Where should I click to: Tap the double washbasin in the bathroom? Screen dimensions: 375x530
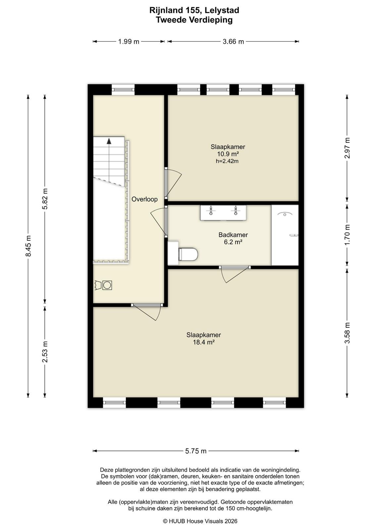(x=223, y=213)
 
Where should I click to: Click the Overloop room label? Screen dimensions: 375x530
(x=144, y=199)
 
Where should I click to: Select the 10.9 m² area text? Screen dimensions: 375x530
(x=228, y=154)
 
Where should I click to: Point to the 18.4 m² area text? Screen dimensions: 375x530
(x=204, y=342)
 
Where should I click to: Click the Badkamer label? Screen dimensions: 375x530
(x=233, y=235)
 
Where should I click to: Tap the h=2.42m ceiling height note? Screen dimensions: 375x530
(x=227, y=161)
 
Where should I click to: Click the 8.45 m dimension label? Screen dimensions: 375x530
(x=28, y=246)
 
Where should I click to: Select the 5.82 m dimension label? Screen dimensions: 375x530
(x=45, y=199)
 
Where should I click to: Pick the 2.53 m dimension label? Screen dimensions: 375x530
(x=45, y=352)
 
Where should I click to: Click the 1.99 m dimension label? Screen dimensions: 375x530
(x=129, y=42)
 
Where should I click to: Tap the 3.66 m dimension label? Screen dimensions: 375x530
(x=233, y=42)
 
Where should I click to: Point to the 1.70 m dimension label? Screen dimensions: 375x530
(x=347, y=235)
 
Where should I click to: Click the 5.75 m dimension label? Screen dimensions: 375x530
(x=196, y=451)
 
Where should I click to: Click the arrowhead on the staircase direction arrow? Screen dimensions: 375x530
(x=109, y=141)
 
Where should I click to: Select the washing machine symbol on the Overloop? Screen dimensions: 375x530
(x=107, y=285)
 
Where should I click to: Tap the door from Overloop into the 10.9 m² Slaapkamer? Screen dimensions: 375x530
(x=173, y=184)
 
